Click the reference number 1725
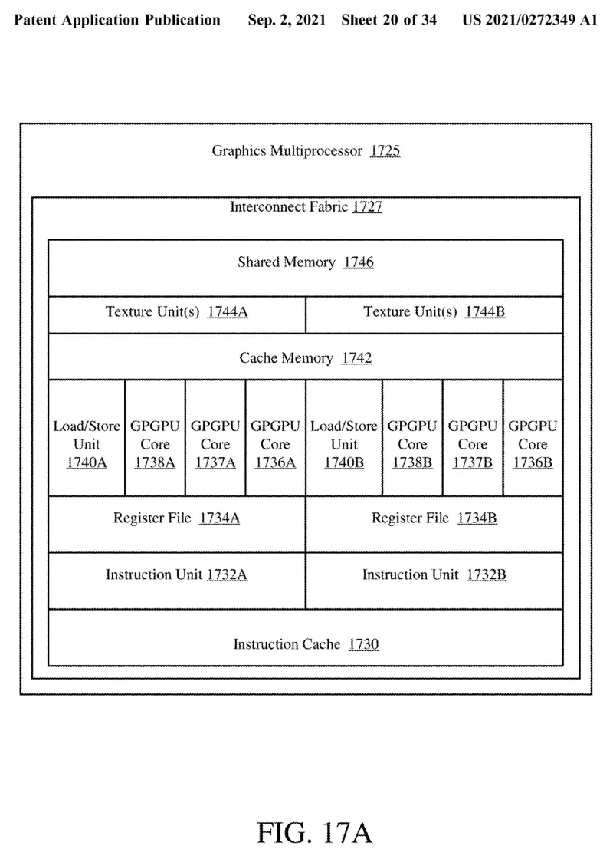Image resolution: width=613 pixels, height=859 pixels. (385, 151)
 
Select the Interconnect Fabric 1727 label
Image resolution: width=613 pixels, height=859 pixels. (306, 207)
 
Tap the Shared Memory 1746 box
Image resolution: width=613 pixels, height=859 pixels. (306, 267)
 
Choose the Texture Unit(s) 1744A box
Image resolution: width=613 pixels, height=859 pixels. (177, 314)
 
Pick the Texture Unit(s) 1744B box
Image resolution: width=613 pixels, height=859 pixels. (434, 314)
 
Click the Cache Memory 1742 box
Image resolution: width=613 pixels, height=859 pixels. (306, 357)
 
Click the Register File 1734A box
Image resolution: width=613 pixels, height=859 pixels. (177, 524)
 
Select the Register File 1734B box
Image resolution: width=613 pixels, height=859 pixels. (434, 524)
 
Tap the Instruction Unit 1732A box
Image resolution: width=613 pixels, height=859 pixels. (177, 580)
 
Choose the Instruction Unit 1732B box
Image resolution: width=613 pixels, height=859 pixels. (434, 580)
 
